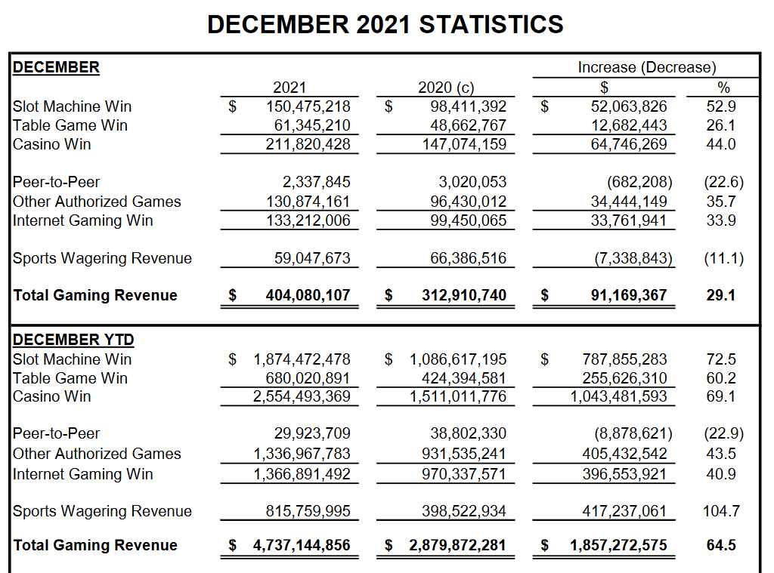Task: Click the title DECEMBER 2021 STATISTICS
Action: point(385,24)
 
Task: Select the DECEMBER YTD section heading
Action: point(73,340)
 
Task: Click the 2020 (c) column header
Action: point(446,88)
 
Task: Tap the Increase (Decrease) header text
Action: point(647,67)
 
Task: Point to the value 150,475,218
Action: point(308,106)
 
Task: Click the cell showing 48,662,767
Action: point(468,125)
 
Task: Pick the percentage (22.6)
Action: point(723,182)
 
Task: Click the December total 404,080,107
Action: point(308,295)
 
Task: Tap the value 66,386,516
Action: point(468,258)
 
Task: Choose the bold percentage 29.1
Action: point(720,295)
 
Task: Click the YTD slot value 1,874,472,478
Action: point(302,359)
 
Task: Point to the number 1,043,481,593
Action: point(618,396)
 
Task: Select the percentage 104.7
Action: point(721,511)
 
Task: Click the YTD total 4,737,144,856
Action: point(302,545)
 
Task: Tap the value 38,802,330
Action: point(468,433)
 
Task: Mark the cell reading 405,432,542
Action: point(624,454)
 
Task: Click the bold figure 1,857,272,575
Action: point(618,545)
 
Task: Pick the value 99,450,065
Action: point(468,220)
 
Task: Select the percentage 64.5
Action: point(720,545)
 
